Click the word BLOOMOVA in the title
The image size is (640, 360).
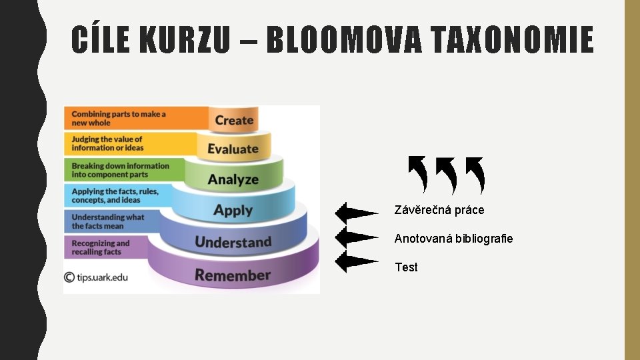coord(344,39)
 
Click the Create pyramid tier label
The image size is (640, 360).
coord(234,121)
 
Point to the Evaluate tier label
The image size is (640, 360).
coord(233,149)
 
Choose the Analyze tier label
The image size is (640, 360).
coord(233,179)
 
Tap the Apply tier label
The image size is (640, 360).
coord(233,211)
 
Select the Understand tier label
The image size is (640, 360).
coord(233,241)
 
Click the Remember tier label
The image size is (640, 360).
coord(233,275)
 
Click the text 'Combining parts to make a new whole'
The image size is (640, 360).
coord(119,118)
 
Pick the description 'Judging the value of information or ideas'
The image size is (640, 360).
coord(107,143)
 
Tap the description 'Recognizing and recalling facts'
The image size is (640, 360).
coord(101,247)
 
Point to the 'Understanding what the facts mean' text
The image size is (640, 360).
coord(107,221)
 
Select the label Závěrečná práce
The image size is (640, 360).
coord(439,210)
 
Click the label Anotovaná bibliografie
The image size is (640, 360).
coord(453,239)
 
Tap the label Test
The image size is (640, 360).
coord(406,267)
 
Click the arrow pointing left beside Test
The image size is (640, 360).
coord(355,261)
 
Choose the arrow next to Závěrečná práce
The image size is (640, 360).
coord(355,213)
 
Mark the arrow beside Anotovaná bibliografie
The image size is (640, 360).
coord(355,237)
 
